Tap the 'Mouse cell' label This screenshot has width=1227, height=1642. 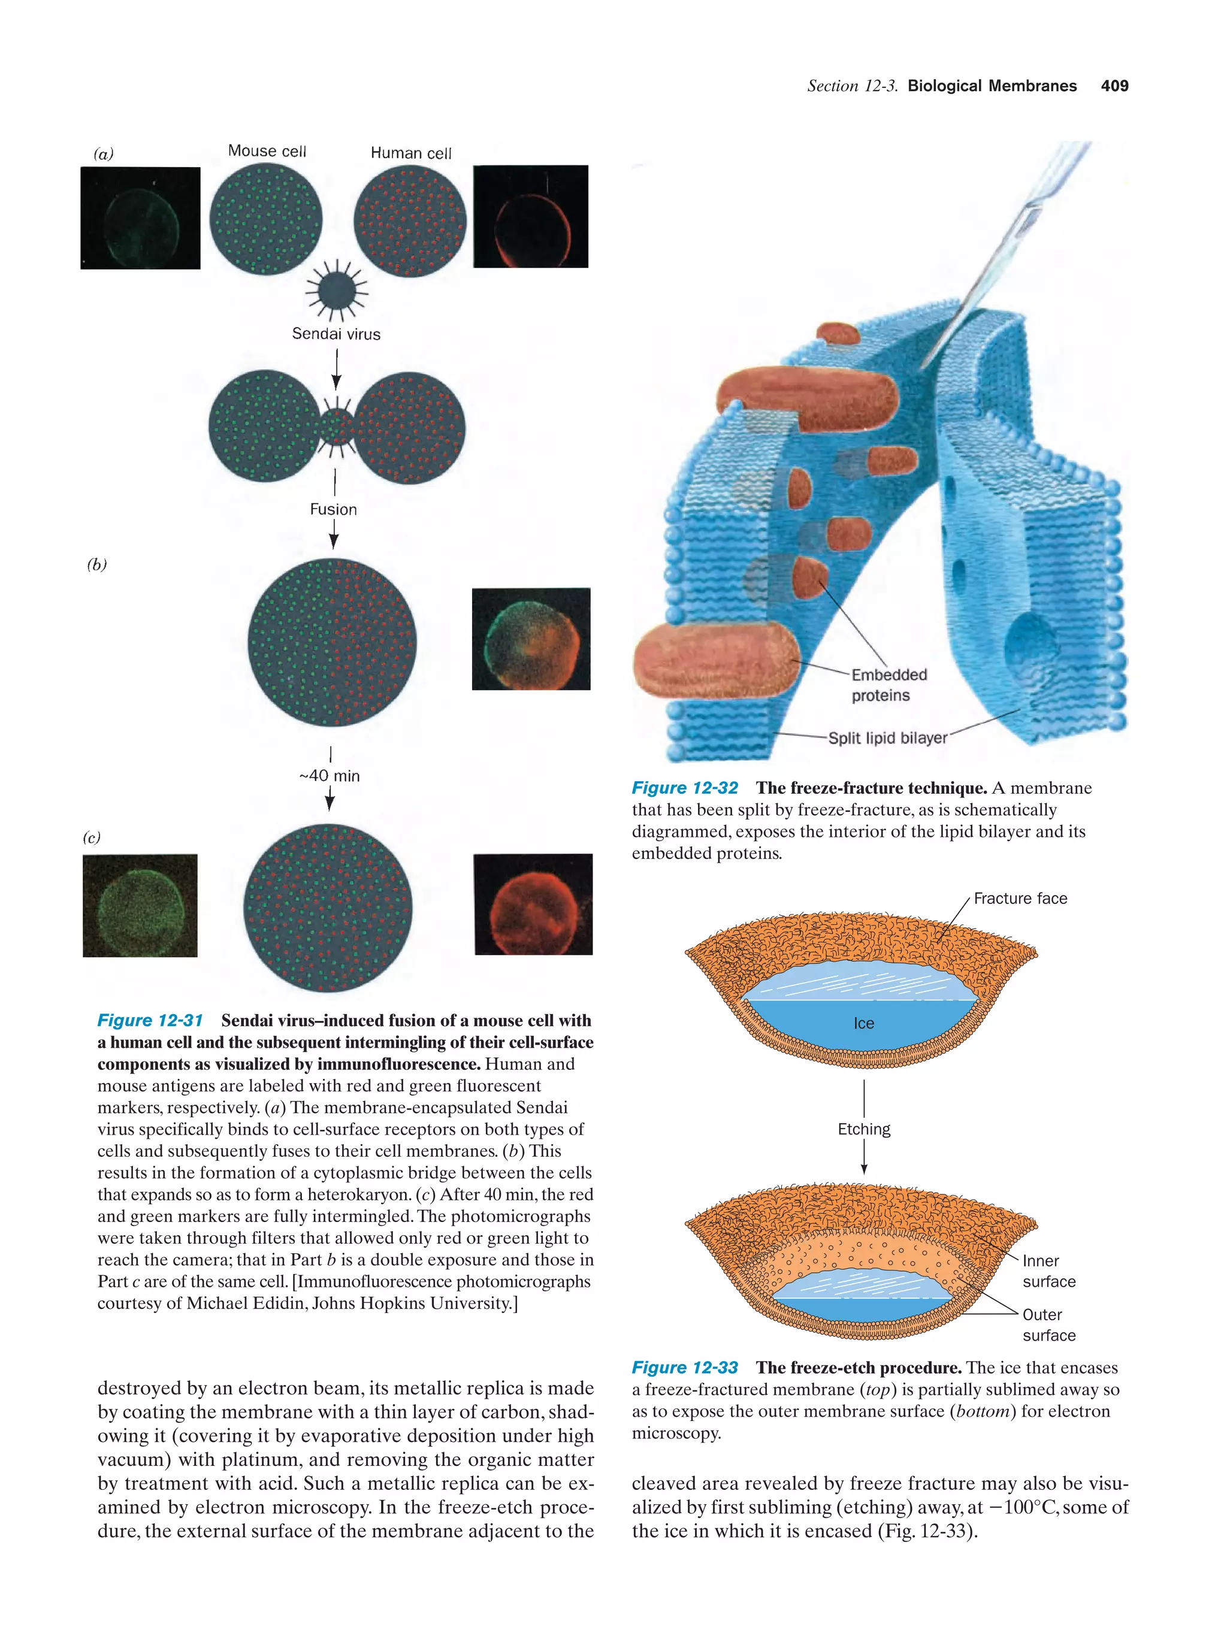(x=267, y=151)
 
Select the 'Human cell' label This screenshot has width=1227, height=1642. (x=410, y=153)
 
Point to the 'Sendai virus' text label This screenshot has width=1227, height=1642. (x=336, y=334)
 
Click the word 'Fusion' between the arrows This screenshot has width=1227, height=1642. (x=333, y=509)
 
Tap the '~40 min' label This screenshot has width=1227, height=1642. (x=330, y=776)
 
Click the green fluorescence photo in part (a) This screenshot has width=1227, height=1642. (x=140, y=218)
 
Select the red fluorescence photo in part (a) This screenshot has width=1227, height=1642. (x=530, y=217)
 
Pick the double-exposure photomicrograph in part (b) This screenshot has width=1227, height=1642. (x=531, y=639)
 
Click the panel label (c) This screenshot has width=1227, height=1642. (x=91, y=837)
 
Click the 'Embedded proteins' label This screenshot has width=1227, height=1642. (x=888, y=684)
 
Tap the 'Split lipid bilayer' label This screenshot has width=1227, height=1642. (x=887, y=738)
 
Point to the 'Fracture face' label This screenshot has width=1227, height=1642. (x=1020, y=898)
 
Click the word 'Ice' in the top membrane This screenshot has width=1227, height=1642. (x=863, y=1023)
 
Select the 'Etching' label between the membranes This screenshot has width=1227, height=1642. (x=863, y=1129)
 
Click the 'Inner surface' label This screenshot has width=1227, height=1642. (x=1047, y=1271)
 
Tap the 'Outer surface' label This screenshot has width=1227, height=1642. (x=1047, y=1325)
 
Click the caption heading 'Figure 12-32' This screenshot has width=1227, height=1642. (x=684, y=788)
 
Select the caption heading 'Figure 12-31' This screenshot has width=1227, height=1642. (x=150, y=1020)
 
